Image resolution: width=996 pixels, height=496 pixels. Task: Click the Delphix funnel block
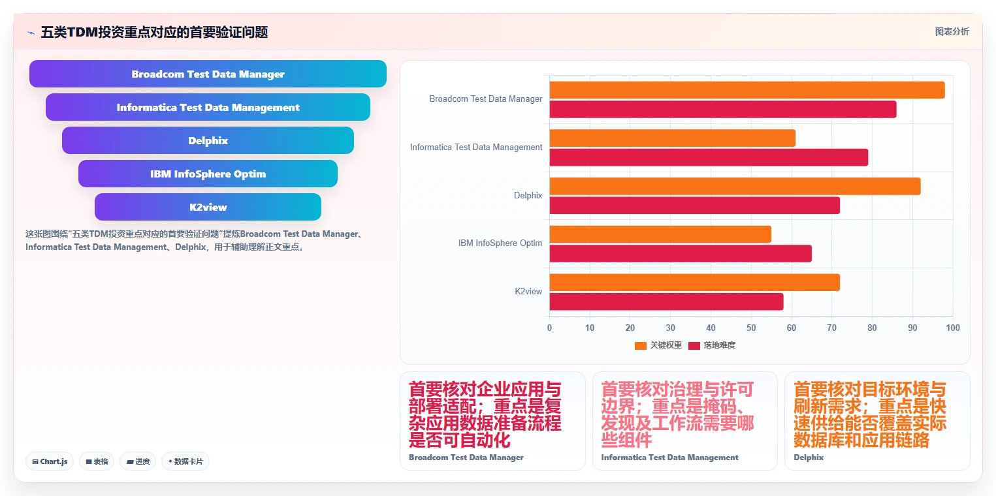[208, 140]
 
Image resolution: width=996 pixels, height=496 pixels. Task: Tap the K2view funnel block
[208, 207]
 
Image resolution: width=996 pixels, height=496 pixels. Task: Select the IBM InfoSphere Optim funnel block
[208, 174]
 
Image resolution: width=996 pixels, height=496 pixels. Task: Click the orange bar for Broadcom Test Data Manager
[747, 90]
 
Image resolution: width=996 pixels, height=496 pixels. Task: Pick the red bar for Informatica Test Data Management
[709, 157]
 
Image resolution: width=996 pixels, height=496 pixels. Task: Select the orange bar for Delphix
[735, 186]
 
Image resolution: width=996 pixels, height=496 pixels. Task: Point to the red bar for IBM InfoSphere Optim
[681, 253]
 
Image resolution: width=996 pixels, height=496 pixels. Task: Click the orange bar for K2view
[694, 282]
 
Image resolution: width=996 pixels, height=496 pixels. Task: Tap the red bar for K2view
[667, 302]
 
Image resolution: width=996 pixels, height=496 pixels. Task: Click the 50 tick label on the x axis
[751, 328]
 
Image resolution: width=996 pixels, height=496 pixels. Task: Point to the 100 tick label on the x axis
[952, 328]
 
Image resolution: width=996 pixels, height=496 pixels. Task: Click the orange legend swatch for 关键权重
[640, 346]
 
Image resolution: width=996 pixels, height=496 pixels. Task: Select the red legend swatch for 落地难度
[694, 346]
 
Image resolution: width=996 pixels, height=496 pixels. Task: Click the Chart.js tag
[50, 461]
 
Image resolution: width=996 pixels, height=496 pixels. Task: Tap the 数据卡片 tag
[185, 461]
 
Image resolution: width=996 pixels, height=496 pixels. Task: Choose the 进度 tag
[138, 461]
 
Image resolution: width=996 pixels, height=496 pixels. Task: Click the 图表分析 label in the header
[952, 31]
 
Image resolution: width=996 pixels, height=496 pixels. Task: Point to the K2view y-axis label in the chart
[528, 292]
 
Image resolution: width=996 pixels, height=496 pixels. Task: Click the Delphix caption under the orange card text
[809, 457]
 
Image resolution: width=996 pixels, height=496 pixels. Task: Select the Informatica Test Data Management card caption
[669, 457]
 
